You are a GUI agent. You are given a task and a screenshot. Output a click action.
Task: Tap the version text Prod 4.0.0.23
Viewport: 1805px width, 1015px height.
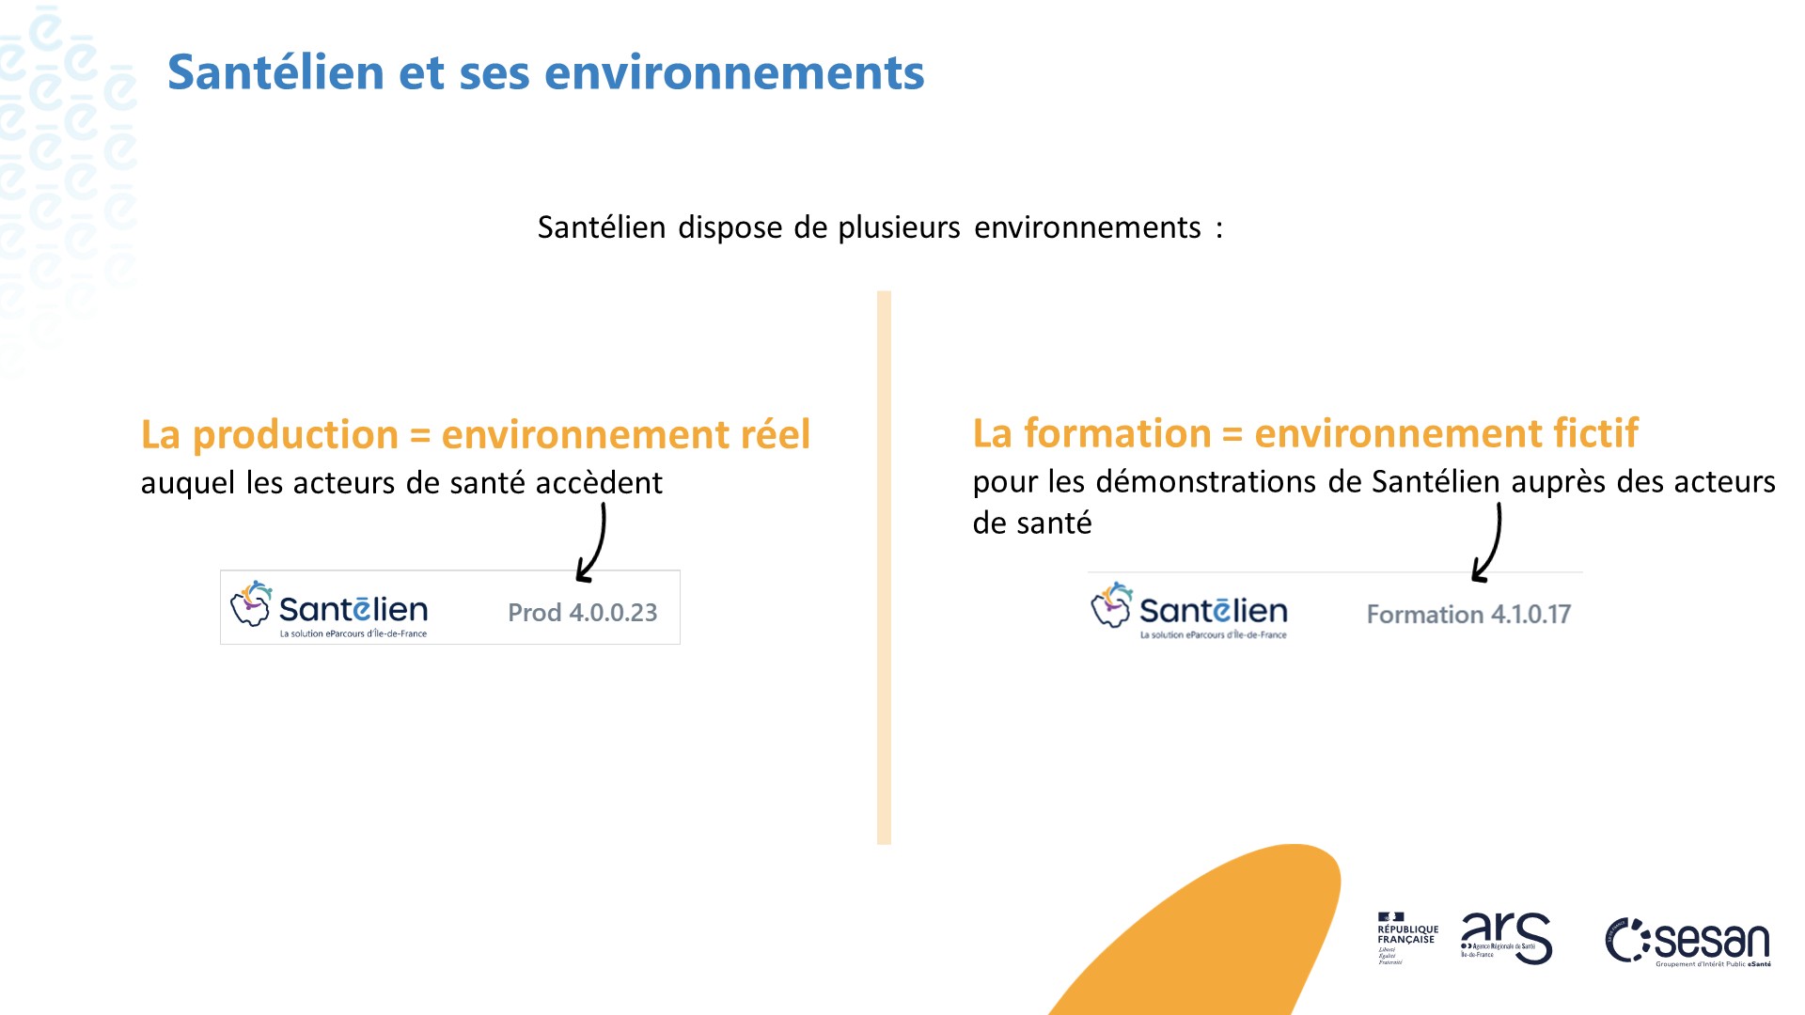click(x=582, y=613)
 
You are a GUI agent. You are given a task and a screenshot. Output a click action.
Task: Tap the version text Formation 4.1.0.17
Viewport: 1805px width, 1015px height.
click(x=1468, y=615)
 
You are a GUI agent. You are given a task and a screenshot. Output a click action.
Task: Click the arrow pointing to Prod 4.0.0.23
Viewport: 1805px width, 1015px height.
click(x=594, y=543)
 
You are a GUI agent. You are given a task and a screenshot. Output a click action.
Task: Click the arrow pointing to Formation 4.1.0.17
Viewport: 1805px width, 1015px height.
click(x=1490, y=543)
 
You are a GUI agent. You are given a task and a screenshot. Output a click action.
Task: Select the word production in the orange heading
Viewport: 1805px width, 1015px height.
click(x=295, y=434)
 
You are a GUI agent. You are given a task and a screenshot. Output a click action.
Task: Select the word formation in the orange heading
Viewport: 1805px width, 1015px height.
click(x=1117, y=433)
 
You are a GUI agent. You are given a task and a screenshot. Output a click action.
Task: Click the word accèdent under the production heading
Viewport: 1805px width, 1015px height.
click(x=599, y=483)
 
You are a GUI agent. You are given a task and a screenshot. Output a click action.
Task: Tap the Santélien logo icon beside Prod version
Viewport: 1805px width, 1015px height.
click(x=251, y=604)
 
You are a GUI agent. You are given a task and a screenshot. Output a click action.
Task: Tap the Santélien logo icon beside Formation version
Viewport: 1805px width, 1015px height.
click(x=1111, y=605)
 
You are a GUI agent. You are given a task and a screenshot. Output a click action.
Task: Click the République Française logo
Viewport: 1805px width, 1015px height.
click(x=1406, y=937)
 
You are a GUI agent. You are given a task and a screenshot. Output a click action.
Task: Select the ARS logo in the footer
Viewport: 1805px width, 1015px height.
click(x=1505, y=937)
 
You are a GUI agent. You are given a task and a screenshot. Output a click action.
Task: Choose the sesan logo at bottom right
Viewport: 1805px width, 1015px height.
click(x=1688, y=942)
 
